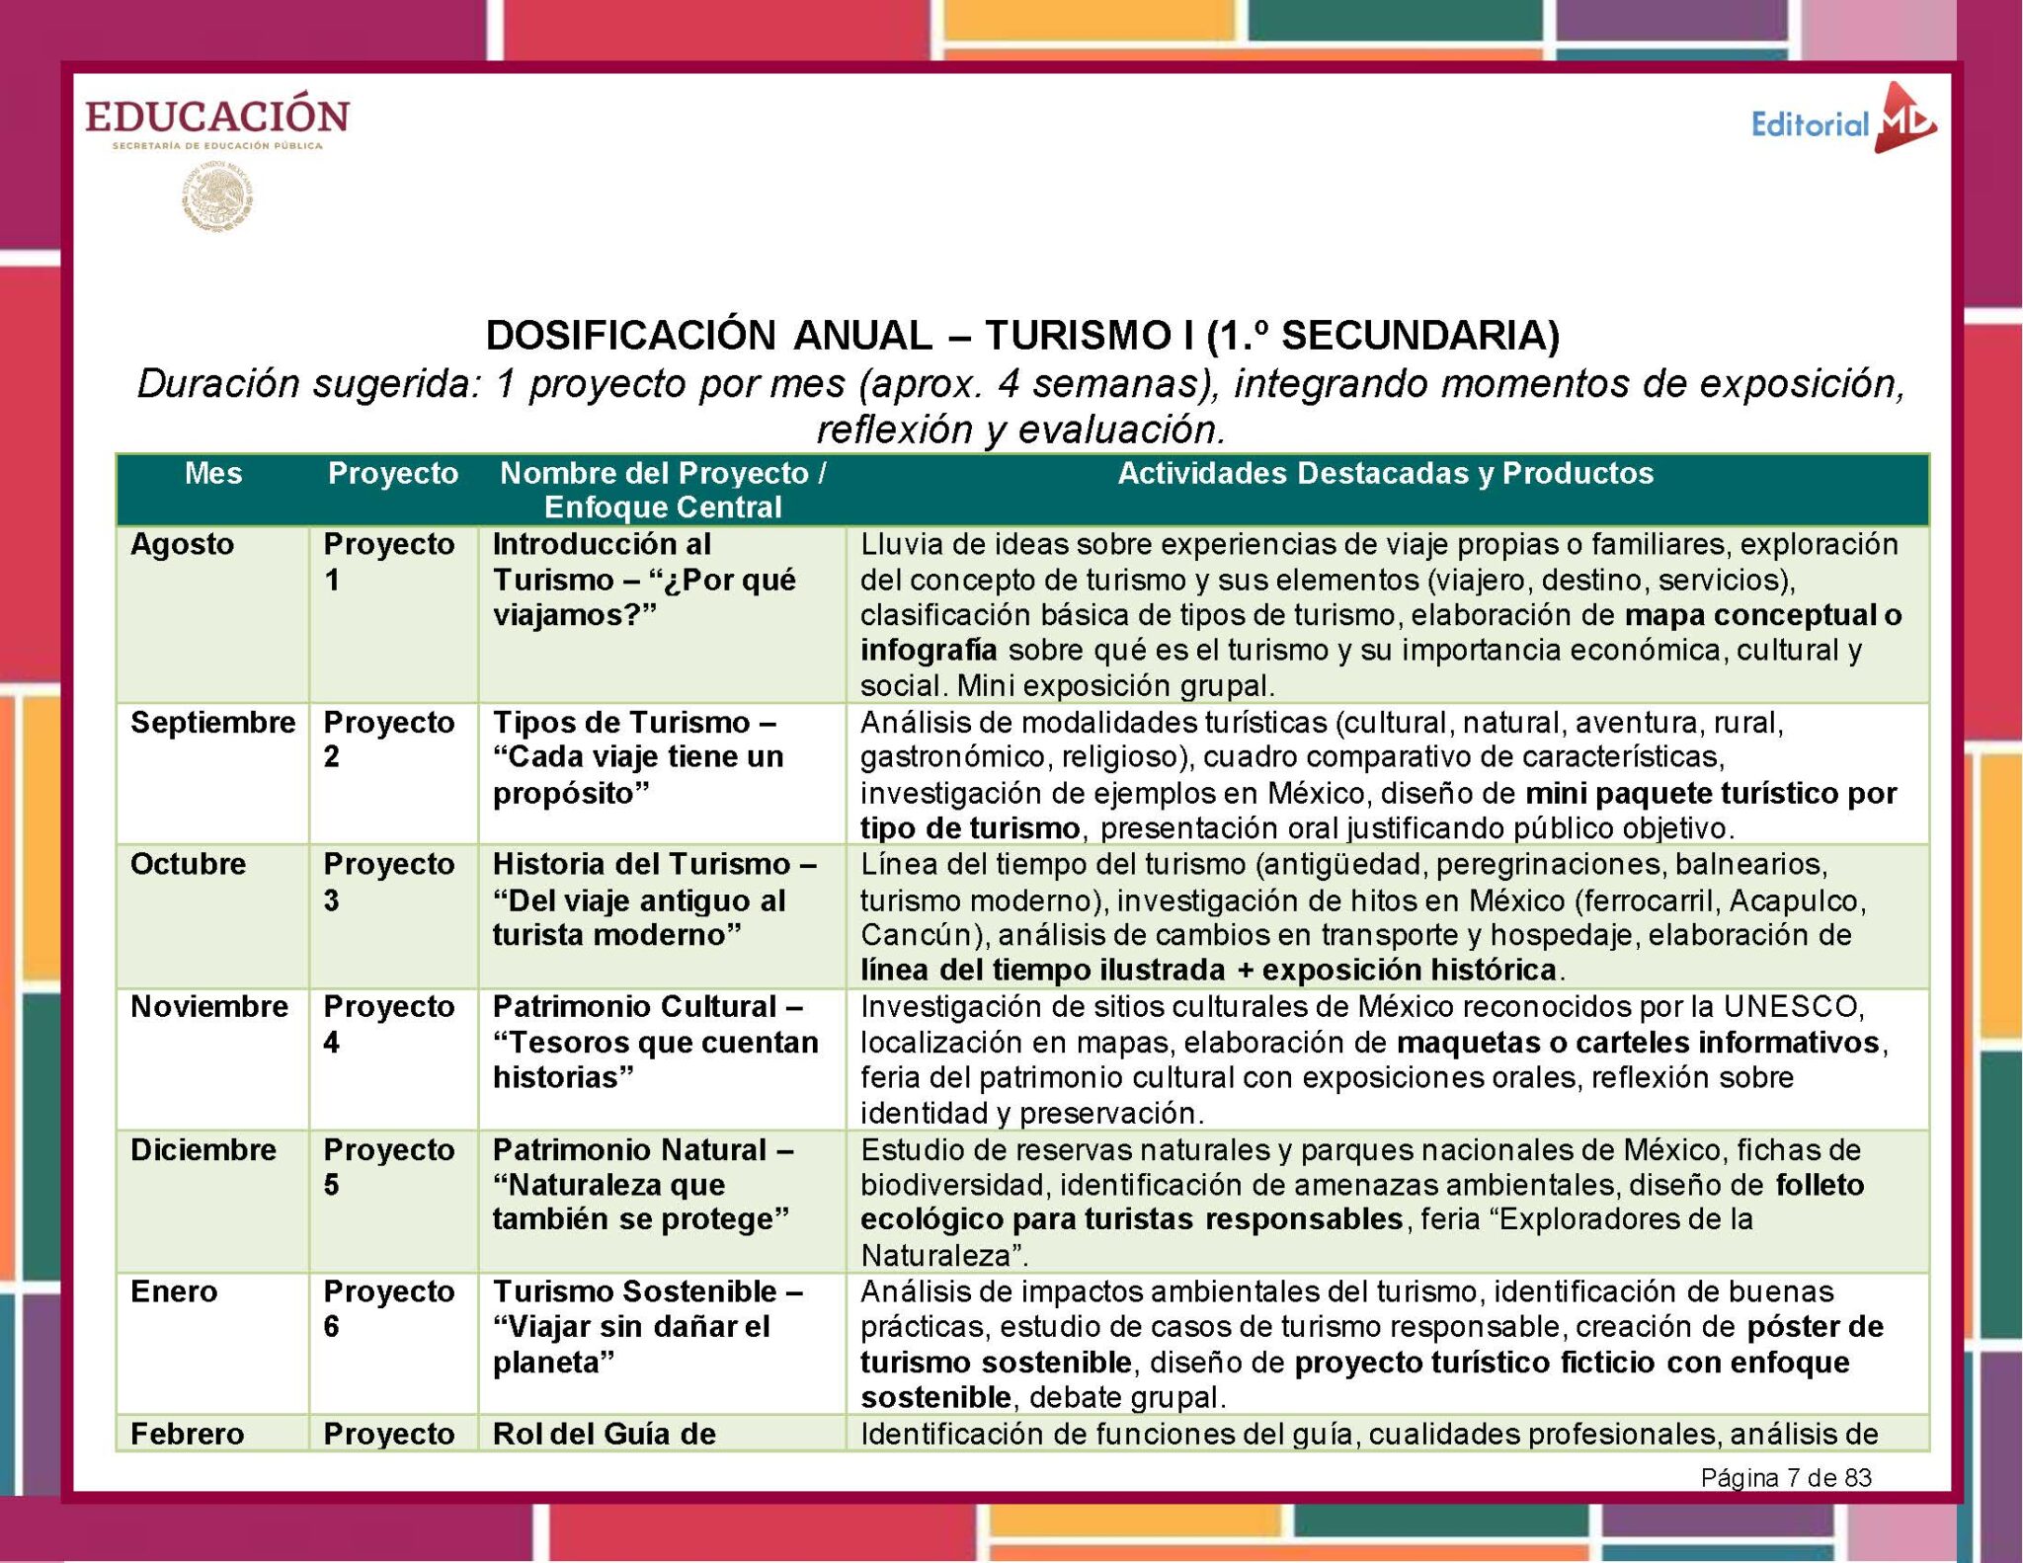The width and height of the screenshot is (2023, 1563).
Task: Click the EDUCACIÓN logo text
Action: click(217, 116)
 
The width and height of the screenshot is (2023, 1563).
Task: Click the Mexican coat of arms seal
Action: click(217, 197)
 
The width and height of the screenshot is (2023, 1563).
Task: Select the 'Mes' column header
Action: click(212, 474)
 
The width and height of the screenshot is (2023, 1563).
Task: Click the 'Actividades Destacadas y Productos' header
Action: click(1385, 474)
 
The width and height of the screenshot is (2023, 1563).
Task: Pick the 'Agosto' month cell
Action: click(183, 544)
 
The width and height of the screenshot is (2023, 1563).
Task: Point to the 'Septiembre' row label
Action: click(212, 723)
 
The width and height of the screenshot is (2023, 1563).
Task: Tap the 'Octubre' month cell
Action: click(188, 864)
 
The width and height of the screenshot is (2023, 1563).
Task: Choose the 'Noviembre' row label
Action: click(209, 1007)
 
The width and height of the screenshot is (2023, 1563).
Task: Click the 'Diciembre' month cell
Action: click(202, 1150)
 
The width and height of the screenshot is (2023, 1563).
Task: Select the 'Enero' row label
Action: click(174, 1291)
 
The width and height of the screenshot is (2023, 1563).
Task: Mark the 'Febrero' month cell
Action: click(187, 1434)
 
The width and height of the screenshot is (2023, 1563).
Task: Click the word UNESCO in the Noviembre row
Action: click(1793, 1007)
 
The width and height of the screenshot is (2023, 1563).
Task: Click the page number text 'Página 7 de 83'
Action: click(1786, 1477)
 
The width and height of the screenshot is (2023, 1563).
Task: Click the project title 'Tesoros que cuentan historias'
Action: click(656, 1059)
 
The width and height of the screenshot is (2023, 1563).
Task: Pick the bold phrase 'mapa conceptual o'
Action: click(1763, 615)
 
